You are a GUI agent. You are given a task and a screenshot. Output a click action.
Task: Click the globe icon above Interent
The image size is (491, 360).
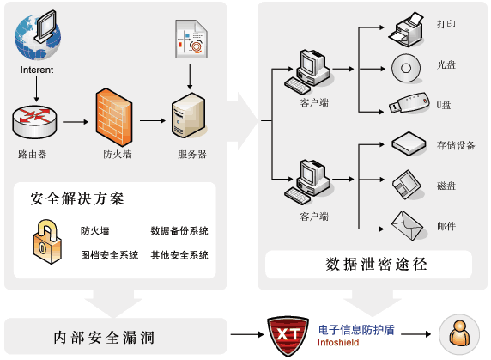click(37, 35)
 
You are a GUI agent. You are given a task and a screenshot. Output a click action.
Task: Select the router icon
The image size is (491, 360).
click(34, 121)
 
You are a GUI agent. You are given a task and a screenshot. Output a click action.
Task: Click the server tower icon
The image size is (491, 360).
click(189, 119)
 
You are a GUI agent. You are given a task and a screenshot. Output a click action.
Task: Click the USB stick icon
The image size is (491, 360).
click(407, 105)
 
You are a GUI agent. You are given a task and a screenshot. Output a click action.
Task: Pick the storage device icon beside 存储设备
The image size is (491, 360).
click(409, 144)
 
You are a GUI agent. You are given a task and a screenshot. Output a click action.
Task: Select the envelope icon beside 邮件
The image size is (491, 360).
click(408, 225)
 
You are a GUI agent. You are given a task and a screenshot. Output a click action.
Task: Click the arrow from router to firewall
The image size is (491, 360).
click(76, 121)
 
